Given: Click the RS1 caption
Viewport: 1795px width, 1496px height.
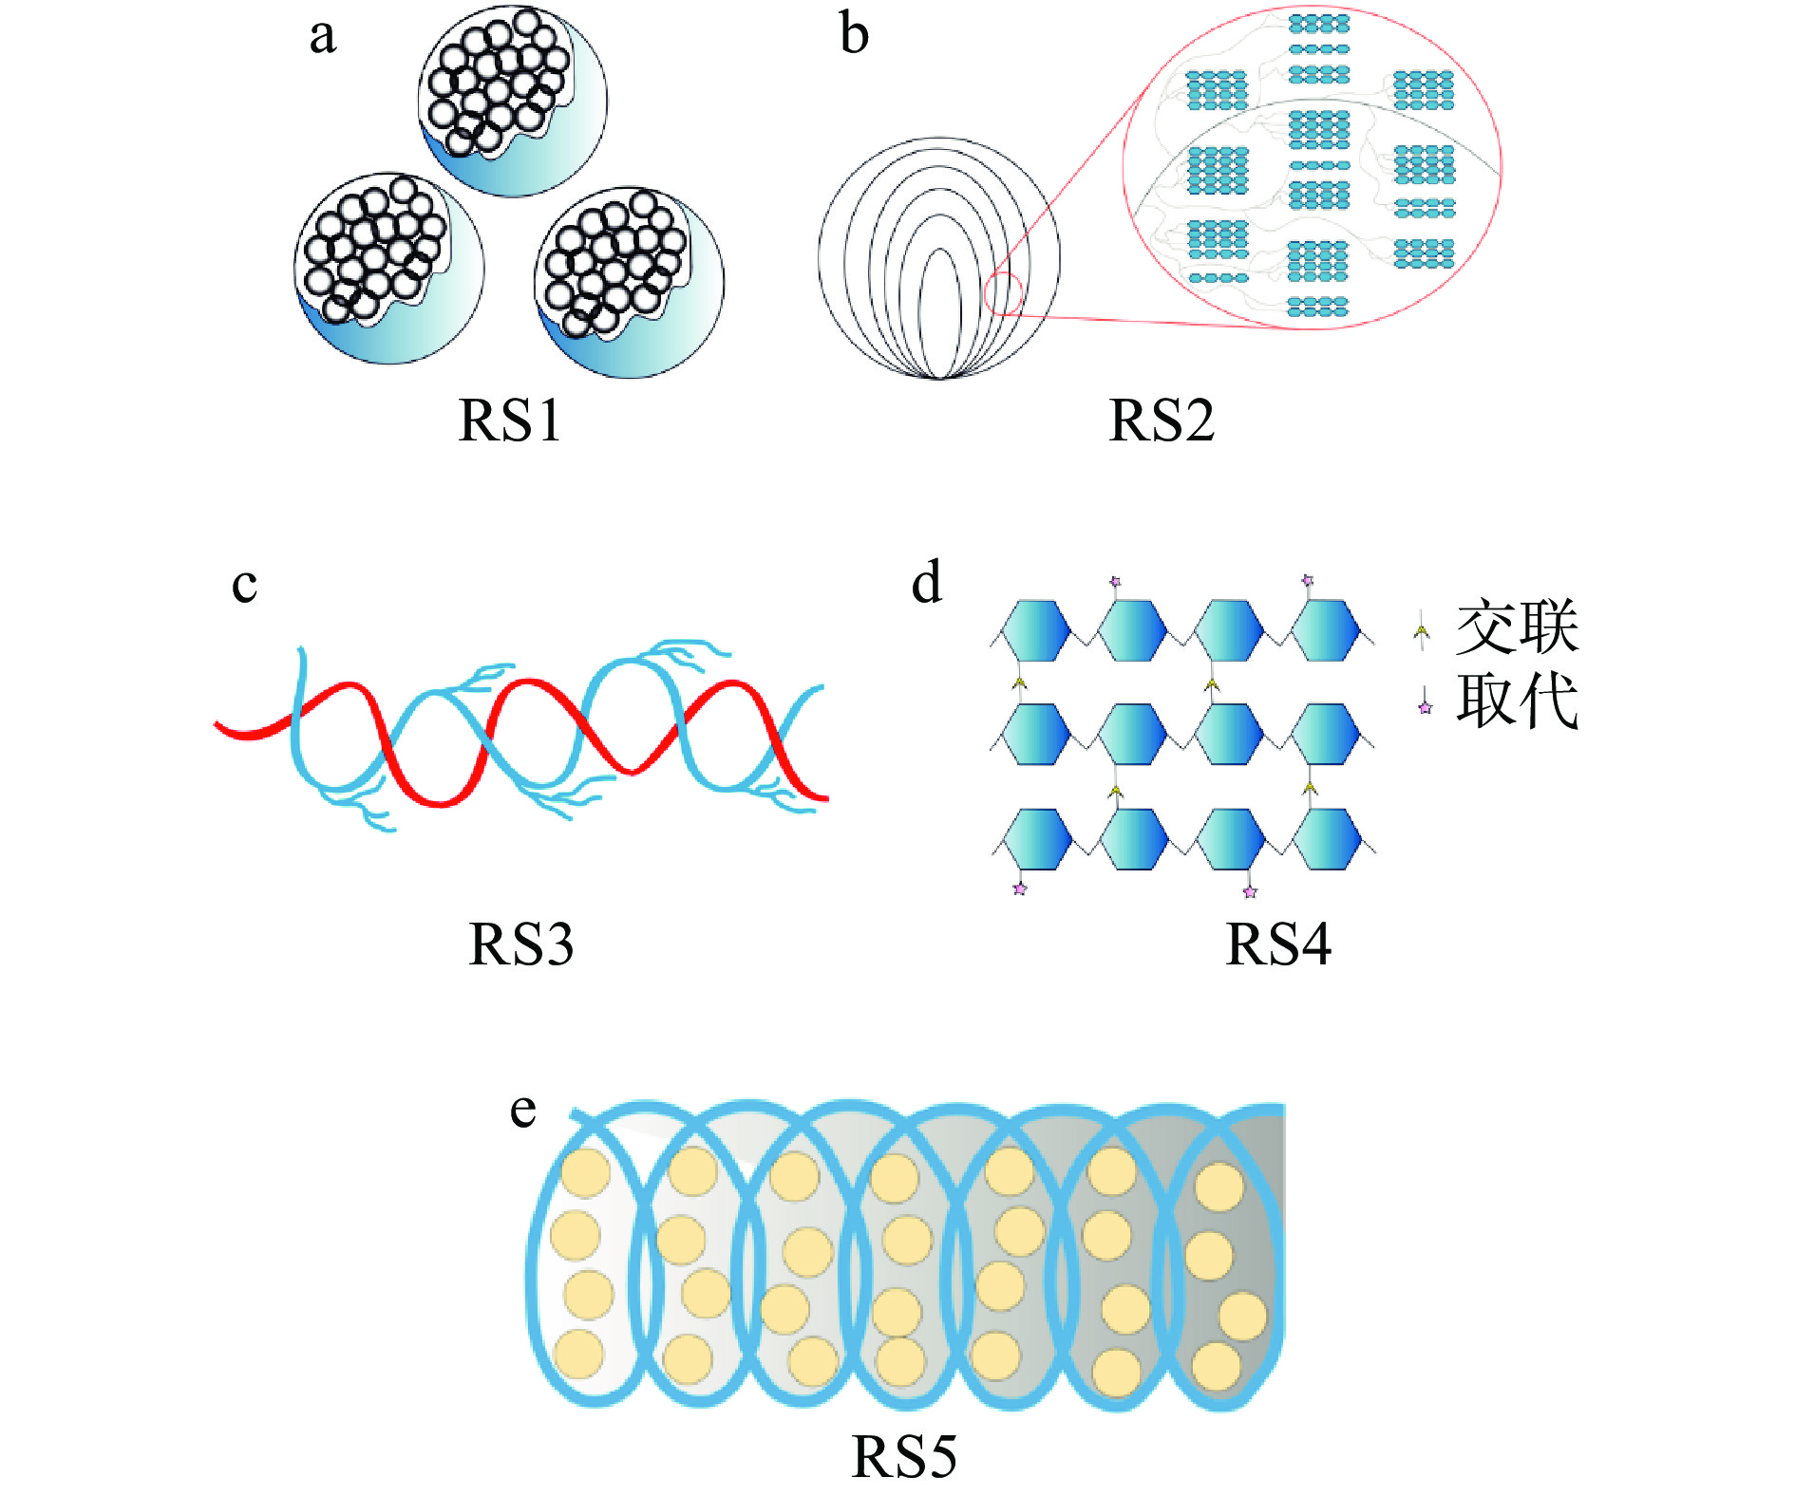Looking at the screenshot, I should pos(510,421).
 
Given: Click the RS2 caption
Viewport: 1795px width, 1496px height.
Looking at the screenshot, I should pos(1161,421).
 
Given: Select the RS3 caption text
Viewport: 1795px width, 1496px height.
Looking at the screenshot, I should pos(520,944).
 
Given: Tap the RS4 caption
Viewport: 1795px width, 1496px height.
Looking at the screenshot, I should pos(1277,944).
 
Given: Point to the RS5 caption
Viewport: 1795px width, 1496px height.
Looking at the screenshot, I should pos(903,1457).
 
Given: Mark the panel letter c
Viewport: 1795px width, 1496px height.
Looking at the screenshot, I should pos(244,585).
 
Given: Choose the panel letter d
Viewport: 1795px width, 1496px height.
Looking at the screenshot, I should pos(926,583).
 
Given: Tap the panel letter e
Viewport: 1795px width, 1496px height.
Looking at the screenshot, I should pos(522,1110).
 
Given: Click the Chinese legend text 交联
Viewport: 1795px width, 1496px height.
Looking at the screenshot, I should pos(1517,627).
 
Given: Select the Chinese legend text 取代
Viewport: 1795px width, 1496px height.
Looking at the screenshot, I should pos(1517,701).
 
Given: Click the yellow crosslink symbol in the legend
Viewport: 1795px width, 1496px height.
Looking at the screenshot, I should pos(1422,630).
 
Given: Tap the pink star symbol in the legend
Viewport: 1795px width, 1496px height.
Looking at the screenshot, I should pos(1425,706).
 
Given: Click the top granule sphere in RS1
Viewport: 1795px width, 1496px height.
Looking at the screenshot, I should pos(513,101).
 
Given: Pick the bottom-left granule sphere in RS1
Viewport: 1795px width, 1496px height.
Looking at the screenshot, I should pos(389,268).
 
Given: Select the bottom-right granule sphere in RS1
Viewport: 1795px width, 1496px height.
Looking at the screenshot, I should pos(630,282).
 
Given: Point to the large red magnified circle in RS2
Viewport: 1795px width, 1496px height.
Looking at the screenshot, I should pos(1312,168).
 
